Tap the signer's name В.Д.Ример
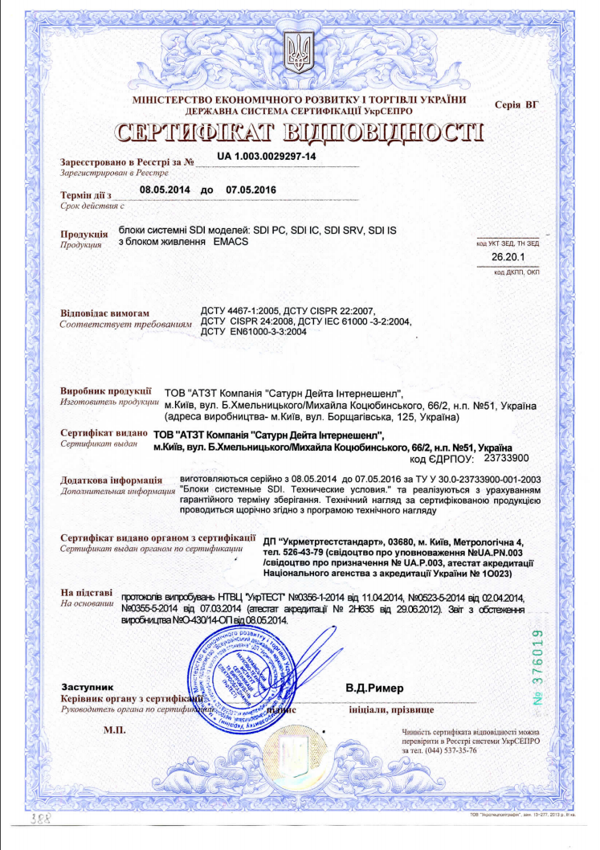pyautogui.click(x=375, y=689)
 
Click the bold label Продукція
pyautogui.click(x=84, y=234)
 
